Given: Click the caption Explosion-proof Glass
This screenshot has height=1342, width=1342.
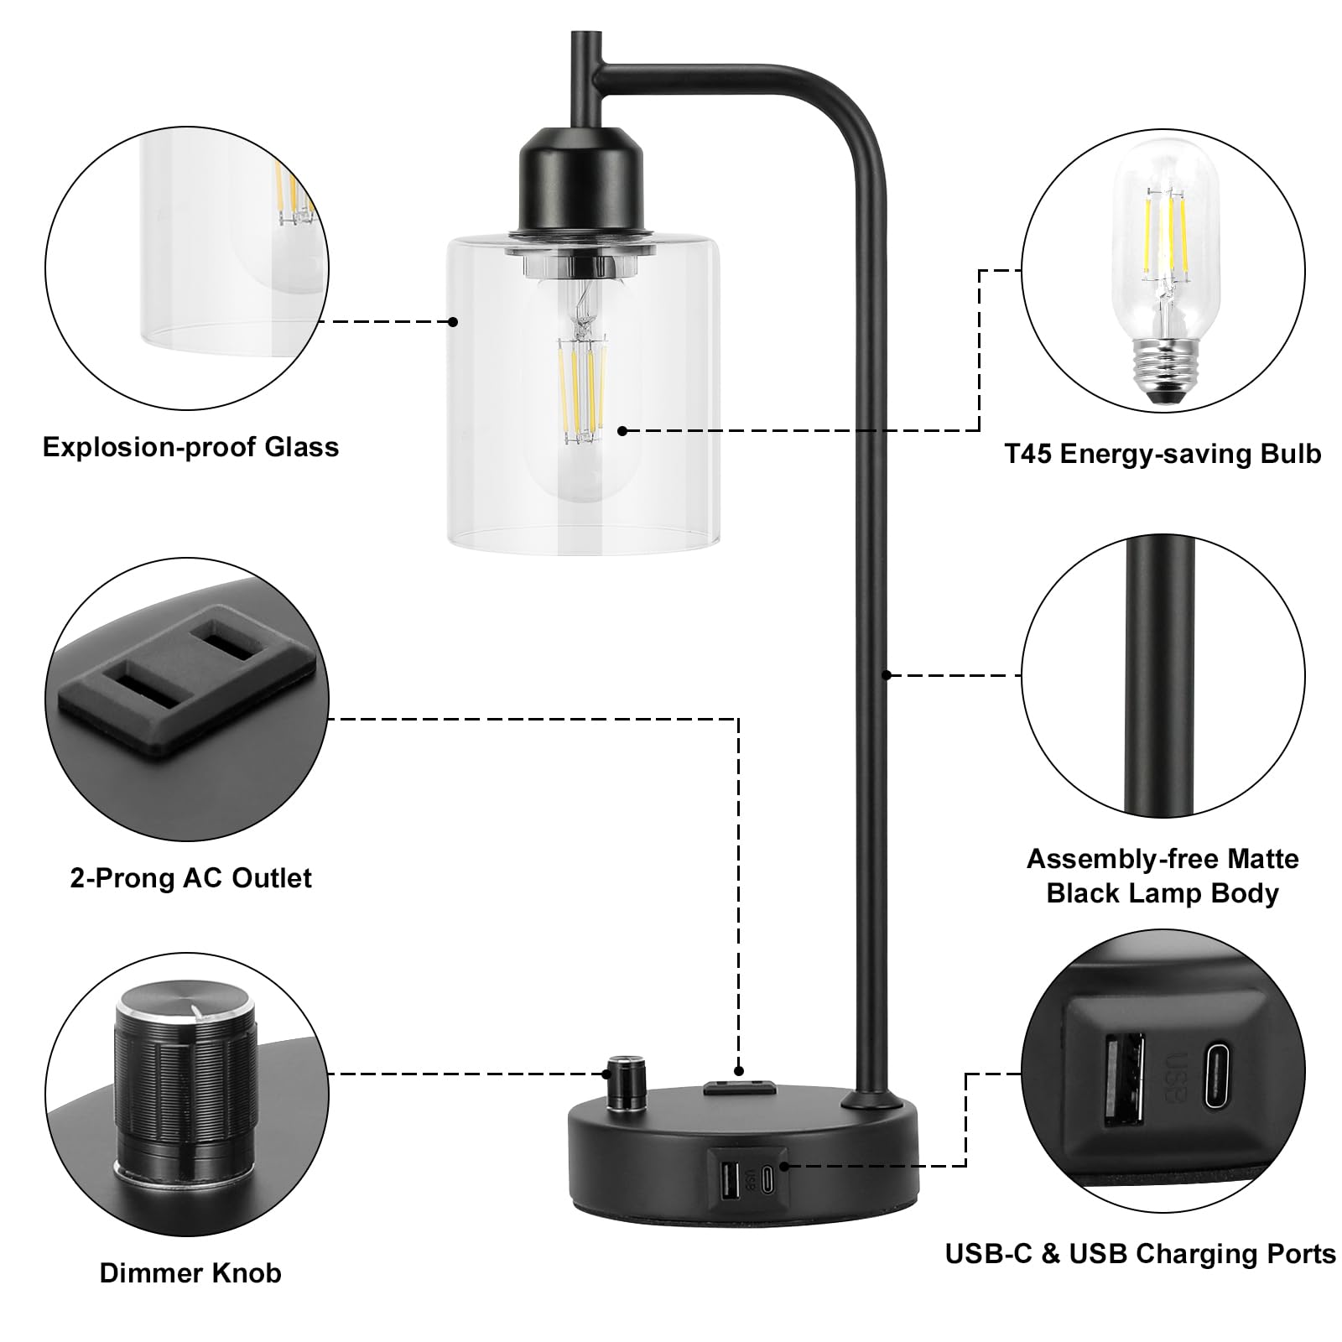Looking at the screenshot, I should coord(190,447).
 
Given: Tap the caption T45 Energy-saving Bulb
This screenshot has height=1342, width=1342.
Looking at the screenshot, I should coord(1163,454).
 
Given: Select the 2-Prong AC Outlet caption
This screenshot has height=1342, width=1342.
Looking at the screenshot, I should coord(190,878).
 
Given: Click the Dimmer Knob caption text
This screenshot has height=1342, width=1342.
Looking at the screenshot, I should coord(190,1272).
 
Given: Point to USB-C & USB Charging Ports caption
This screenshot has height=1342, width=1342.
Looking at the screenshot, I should coord(1140,1253).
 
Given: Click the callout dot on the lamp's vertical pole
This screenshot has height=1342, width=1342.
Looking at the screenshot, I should coord(886,674).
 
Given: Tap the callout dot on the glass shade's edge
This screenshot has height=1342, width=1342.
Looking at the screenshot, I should coord(453,321).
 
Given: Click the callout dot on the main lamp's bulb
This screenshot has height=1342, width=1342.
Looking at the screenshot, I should coord(622,430).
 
